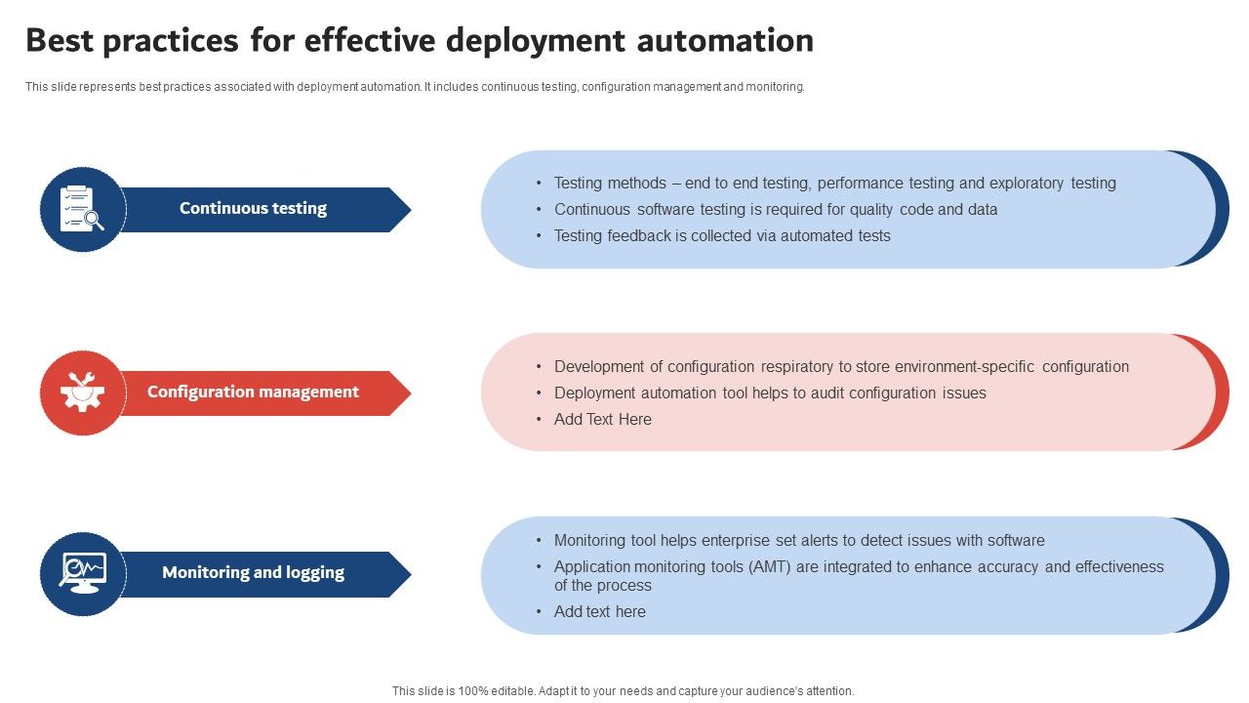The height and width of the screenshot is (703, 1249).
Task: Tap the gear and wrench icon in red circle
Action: point(83,393)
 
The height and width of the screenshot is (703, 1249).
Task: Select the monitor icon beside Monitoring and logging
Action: point(83,573)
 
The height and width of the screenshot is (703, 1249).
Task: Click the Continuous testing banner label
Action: point(253,208)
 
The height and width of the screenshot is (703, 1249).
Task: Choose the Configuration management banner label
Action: point(253,392)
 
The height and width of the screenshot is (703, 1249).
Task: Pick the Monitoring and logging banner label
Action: point(253,572)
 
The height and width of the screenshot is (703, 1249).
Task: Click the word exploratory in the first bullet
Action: point(1027,184)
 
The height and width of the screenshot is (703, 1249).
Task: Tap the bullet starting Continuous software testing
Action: point(776,210)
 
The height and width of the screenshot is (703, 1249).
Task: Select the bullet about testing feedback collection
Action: point(722,236)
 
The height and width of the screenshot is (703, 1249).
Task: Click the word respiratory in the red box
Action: point(794,367)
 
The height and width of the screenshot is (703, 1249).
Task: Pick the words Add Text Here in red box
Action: point(603,420)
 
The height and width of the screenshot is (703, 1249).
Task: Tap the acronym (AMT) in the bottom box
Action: point(771,567)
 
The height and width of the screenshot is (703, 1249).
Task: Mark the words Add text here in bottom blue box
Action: point(600,612)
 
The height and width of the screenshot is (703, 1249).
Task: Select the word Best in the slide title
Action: point(60,41)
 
